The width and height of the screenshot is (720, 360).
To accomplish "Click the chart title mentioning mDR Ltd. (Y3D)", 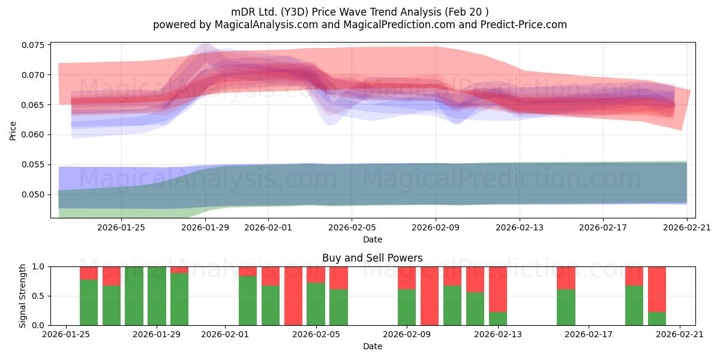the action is click(359, 12).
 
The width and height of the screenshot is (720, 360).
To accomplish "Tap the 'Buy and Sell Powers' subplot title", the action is click(372, 258).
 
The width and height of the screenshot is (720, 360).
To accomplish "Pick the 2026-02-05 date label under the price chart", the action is click(352, 227).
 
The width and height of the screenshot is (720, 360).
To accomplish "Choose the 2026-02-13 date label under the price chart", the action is click(520, 227).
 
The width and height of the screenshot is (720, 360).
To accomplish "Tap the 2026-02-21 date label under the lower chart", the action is click(680, 335).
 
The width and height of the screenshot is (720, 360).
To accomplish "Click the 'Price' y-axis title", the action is click(13, 131).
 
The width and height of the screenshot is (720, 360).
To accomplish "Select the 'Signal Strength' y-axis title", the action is click(22, 296).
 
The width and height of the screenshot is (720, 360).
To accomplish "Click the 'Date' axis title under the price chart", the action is click(373, 239).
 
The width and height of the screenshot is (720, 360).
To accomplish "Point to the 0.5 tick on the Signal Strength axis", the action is click(38, 296).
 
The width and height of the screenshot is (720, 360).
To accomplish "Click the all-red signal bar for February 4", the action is click(293, 296).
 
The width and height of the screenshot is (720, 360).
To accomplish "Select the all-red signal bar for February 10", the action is click(430, 296).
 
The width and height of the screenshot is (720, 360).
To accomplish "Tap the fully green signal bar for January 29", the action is click(157, 296).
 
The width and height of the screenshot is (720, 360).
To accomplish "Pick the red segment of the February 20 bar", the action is click(656, 289).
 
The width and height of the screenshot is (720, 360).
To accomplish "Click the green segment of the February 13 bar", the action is click(498, 319).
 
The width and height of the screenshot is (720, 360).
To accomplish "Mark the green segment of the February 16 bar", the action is click(566, 307).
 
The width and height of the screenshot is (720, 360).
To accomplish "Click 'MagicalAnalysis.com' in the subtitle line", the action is click(266, 25).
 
